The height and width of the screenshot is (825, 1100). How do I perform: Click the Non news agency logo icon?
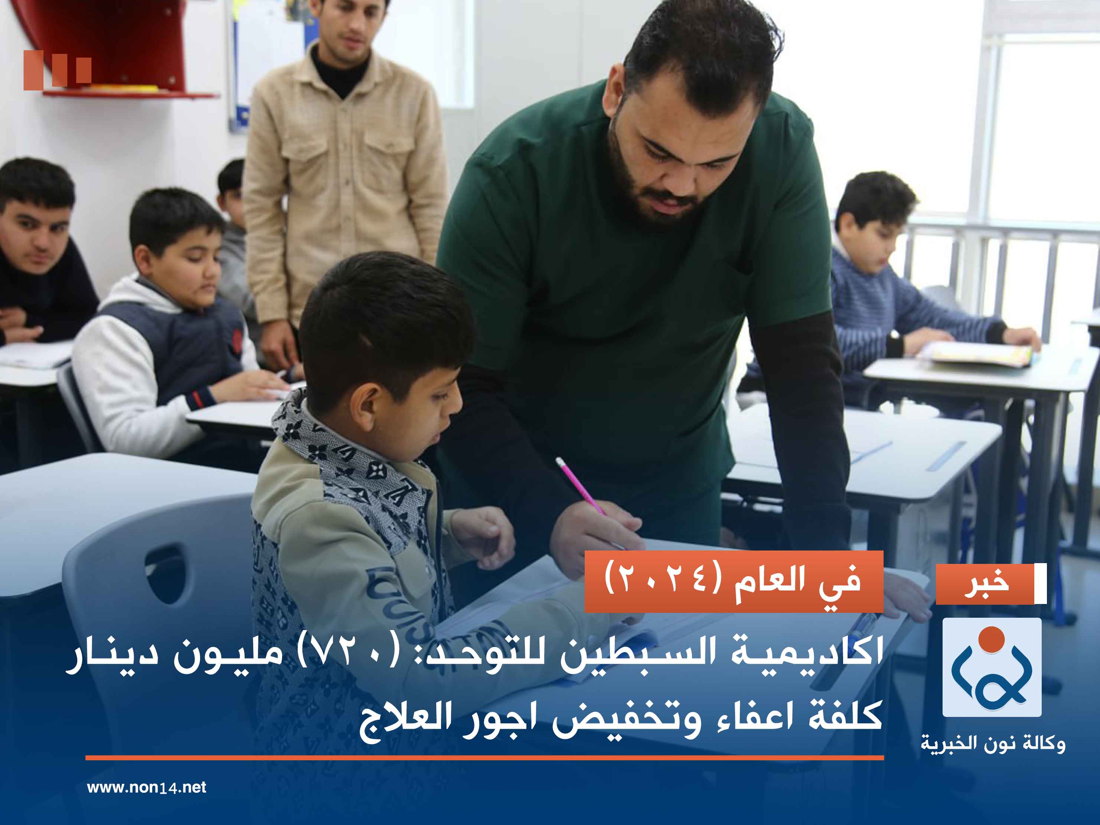992,667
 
